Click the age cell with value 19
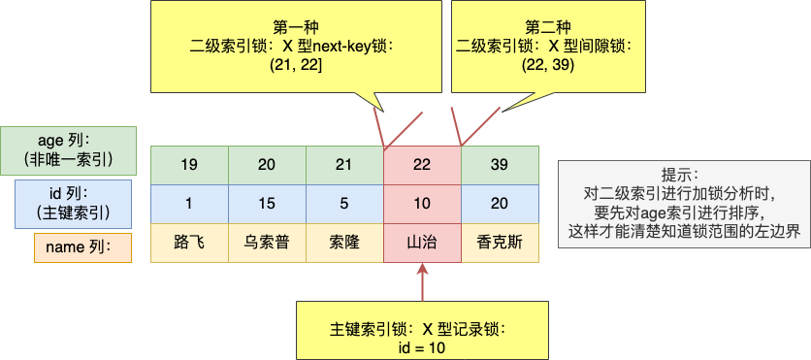pos(189,165)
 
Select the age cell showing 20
pos(267,165)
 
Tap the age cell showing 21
pos(344,165)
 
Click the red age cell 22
pos(422,165)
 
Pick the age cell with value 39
pos(500,165)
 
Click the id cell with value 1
pos(189,204)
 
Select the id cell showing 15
pos(267,204)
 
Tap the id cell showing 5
pos(344,204)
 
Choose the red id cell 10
pos(422,204)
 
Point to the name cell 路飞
pos(189,243)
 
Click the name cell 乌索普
pos(267,243)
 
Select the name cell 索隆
pos(344,243)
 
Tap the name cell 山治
pos(422,243)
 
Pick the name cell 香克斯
pos(500,243)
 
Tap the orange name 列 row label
pos(82,247)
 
